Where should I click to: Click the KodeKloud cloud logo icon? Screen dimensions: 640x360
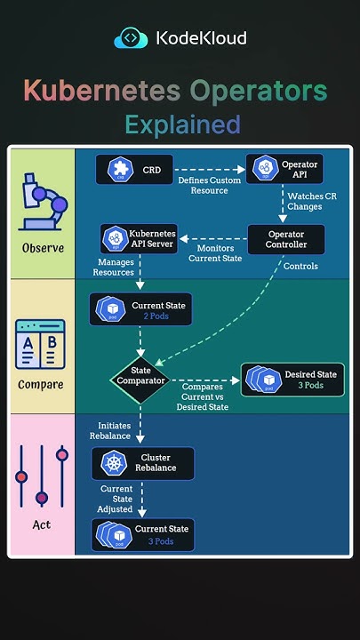tap(131, 38)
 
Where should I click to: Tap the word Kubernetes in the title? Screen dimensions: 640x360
tap(101, 91)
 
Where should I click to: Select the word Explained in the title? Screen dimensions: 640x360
tap(182, 124)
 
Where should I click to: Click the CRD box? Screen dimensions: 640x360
tap(134, 169)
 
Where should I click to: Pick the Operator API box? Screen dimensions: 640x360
tap(284, 169)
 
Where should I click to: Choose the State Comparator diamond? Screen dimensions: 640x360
tap(140, 380)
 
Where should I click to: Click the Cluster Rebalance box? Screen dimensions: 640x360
tap(142, 463)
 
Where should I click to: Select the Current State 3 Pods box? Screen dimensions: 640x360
tap(142, 534)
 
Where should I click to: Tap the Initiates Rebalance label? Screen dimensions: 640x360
tap(110, 430)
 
